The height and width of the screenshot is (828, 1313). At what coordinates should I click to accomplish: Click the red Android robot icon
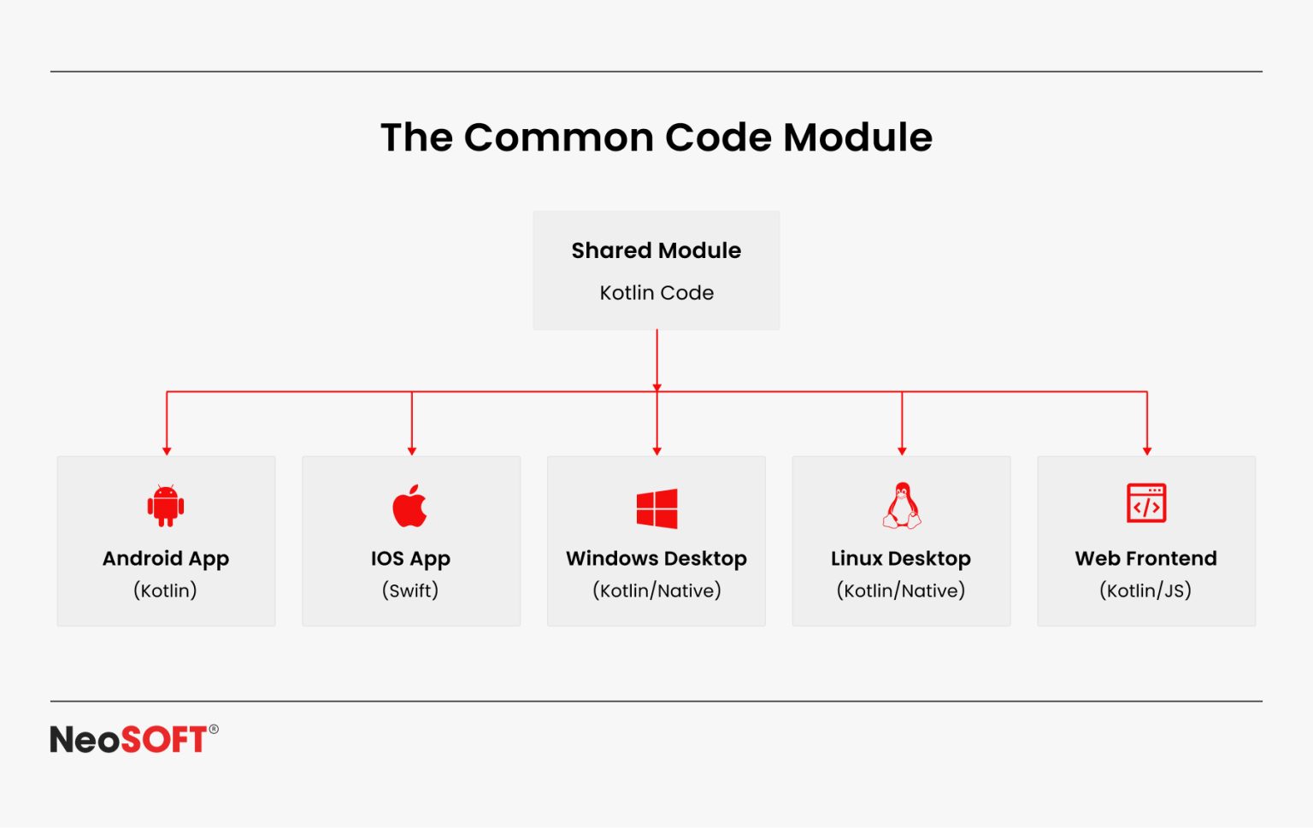[166, 505]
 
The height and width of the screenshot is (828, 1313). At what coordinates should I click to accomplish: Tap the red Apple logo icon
[410, 506]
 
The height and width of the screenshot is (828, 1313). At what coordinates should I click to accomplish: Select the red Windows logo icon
[656, 508]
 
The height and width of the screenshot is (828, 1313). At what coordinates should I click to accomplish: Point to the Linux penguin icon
[902, 505]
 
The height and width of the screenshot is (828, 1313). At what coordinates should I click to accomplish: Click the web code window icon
[1146, 503]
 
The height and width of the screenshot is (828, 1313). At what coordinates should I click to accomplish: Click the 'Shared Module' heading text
[656, 250]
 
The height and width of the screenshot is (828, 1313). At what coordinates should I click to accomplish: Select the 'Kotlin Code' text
[656, 293]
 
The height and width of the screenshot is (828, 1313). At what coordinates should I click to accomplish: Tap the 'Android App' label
[166, 559]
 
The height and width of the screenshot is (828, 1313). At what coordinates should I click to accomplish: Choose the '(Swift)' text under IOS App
[410, 590]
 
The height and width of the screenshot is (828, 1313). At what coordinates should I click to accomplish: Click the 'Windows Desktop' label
[656, 559]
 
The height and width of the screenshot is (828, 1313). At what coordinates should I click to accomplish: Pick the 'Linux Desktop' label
[901, 559]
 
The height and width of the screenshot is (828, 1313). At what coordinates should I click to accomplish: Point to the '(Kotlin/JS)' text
[1145, 590]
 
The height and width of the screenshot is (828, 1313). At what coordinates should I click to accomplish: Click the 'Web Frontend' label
[1145, 559]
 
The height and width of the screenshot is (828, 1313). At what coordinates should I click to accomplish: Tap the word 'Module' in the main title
[857, 138]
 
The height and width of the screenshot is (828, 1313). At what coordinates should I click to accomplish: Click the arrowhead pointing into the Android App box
[167, 450]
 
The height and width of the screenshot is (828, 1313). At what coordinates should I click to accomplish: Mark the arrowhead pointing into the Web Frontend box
[1147, 450]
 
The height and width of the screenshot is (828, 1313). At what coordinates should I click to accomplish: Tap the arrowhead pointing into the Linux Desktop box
[902, 450]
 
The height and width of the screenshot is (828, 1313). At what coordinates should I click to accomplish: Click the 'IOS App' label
[410, 559]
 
